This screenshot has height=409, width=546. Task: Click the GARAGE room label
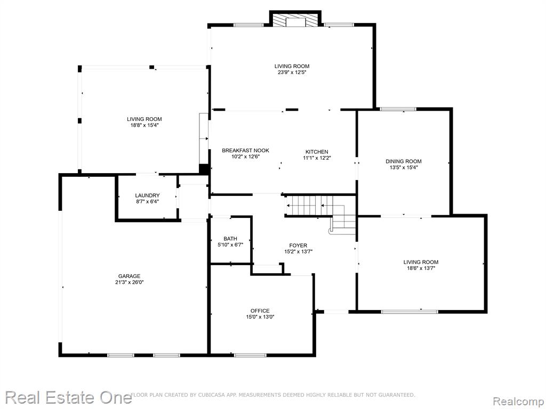[129, 276]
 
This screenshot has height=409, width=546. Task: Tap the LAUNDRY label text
[147, 195]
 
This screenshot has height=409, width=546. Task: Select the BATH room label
[230, 239]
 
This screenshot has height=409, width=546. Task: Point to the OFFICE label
[260, 310]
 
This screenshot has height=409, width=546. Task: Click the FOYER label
[298, 245]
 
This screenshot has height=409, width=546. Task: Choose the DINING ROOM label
[404, 161]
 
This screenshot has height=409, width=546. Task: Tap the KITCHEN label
[317, 152]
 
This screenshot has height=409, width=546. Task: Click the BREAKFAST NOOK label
[245, 150]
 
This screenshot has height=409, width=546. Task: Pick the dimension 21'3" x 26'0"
[130, 282]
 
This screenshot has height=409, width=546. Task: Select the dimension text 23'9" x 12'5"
[292, 72]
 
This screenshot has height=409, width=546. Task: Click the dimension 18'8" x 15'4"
[144, 125]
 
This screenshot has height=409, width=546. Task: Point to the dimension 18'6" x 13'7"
[421, 268]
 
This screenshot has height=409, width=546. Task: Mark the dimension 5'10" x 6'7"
[230, 245]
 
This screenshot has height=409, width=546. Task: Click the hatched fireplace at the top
[295, 21]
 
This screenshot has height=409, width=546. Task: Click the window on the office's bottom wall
[250, 355]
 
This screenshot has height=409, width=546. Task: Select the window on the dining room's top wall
[398, 109]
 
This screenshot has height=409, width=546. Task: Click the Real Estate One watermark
[68, 397]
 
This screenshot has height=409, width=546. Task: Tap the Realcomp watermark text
[518, 401]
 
